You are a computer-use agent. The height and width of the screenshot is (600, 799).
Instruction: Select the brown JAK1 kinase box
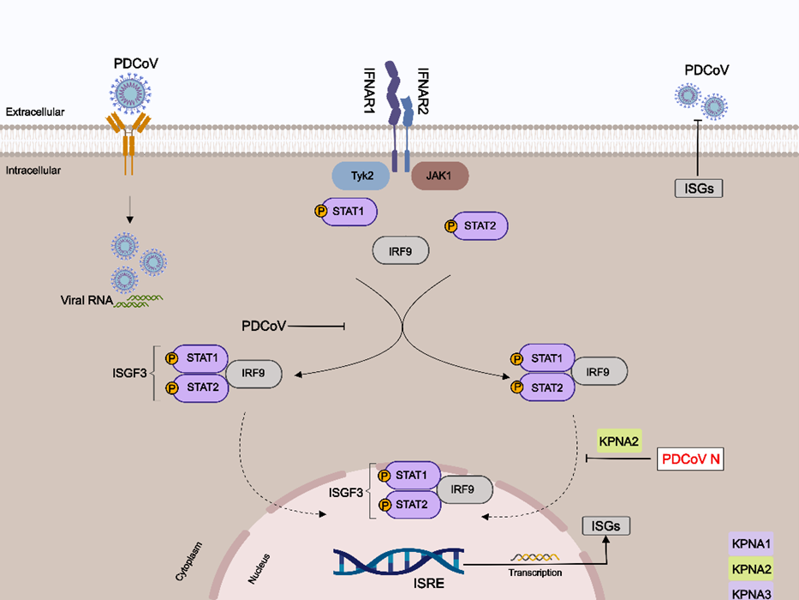tap(439, 176)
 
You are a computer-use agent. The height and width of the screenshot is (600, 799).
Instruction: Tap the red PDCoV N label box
tap(690, 459)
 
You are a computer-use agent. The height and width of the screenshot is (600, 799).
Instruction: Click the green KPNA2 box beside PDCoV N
tap(620, 441)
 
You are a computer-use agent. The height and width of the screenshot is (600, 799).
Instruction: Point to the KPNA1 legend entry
tap(752, 543)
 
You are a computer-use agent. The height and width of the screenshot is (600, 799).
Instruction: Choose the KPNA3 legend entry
tap(752, 592)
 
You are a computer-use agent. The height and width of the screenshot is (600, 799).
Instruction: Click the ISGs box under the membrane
tap(698, 188)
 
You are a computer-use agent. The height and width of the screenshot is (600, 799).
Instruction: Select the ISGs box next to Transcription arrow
tap(605, 526)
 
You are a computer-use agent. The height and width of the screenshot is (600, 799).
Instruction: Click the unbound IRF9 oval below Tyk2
tap(401, 251)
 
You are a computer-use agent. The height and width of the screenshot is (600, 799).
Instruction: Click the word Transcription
tap(535, 573)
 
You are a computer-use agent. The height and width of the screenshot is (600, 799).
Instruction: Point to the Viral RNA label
tap(86, 301)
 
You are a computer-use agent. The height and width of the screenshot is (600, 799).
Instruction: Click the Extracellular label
tap(35, 112)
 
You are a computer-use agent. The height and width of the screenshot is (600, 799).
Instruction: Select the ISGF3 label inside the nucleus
tap(347, 493)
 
